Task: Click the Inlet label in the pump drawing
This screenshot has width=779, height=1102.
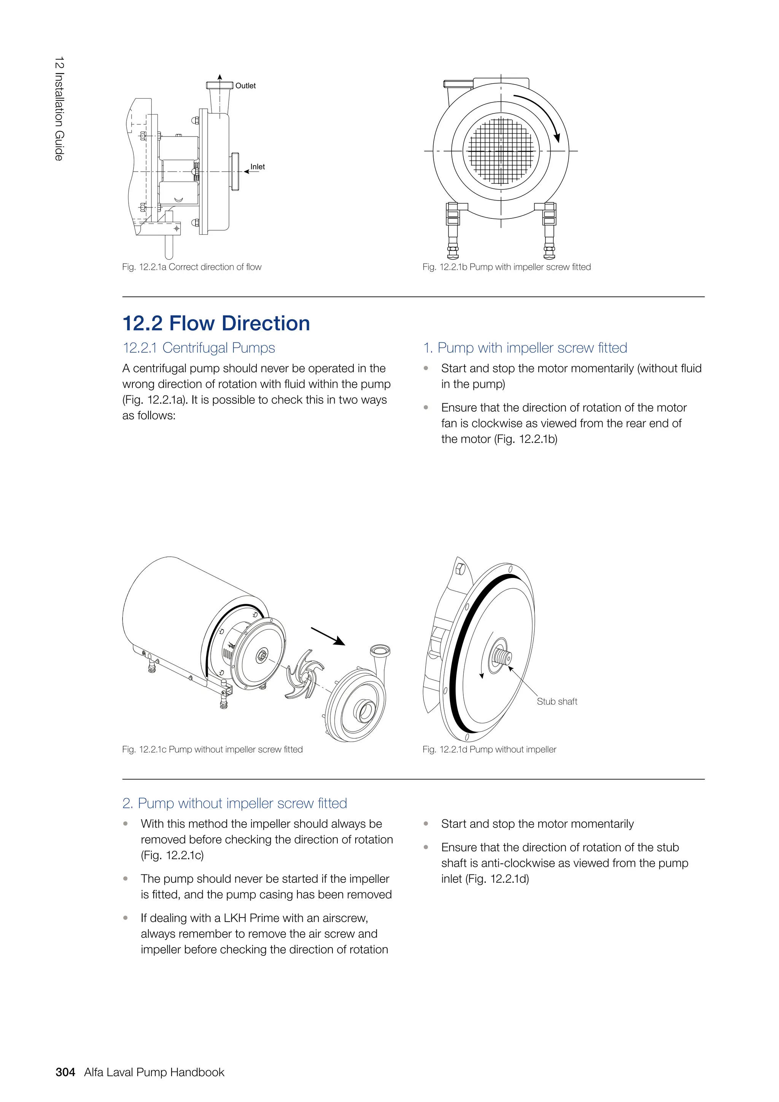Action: [257, 167]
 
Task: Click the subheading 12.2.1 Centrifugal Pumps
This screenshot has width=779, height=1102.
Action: [199, 347]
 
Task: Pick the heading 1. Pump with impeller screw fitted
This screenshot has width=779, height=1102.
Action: [525, 347]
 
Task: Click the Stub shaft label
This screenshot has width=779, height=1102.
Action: [556, 701]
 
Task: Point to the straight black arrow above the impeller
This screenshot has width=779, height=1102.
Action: [328, 636]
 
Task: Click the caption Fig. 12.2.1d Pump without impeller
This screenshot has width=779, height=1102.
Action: [489, 749]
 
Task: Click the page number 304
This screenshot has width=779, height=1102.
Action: [65, 1072]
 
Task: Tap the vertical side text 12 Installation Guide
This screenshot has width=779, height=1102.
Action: [59, 108]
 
